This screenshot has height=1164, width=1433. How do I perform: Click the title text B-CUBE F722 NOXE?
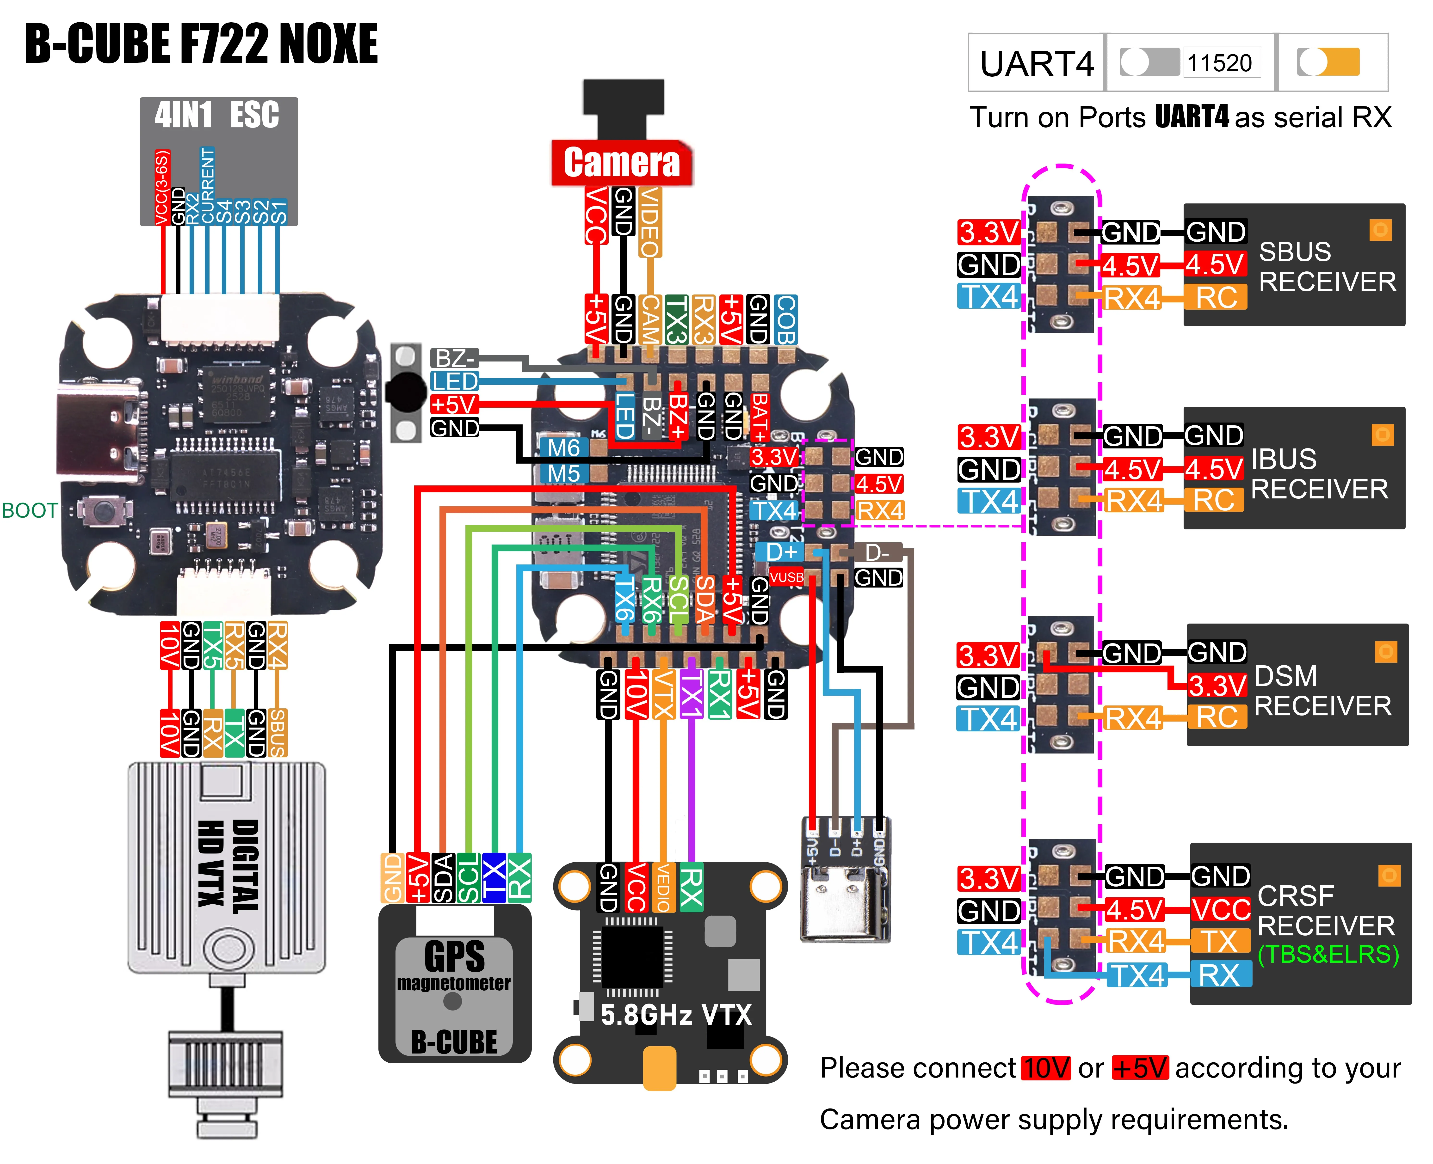click(201, 43)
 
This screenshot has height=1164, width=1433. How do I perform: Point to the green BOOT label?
click(30, 511)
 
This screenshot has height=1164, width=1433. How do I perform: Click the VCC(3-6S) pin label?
click(162, 188)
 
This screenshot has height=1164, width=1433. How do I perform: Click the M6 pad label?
click(563, 447)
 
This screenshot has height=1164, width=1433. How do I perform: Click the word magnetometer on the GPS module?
click(453, 984)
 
